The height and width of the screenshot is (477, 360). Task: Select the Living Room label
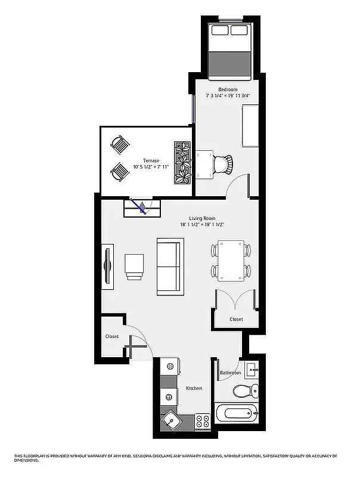(202, 218)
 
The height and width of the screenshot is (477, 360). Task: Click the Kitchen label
(194, 388)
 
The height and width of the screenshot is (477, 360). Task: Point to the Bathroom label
(230, 373)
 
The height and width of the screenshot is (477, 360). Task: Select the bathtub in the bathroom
(237, 413)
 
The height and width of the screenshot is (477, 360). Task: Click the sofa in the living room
(170, 266)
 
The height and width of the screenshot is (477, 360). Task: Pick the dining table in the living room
(230, 260)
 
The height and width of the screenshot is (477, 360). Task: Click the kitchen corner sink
(172, 421)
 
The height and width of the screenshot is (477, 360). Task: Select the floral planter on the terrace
(182, 162)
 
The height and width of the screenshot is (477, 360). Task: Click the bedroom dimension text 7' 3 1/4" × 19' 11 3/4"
(228, 95)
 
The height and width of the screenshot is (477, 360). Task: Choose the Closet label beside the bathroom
(237, 320)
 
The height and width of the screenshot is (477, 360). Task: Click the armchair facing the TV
(135, 266)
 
